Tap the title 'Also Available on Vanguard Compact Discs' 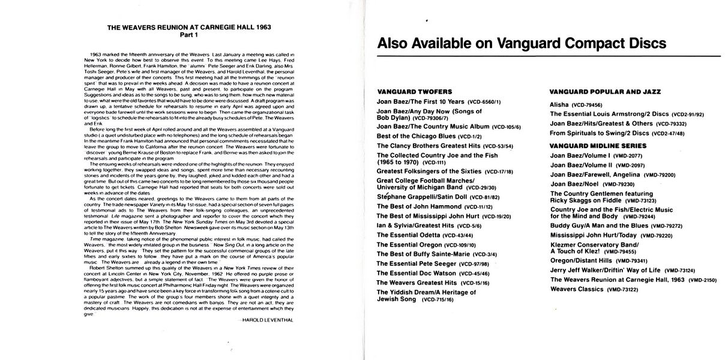[521, 44]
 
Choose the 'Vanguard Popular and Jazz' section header [605, 92]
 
